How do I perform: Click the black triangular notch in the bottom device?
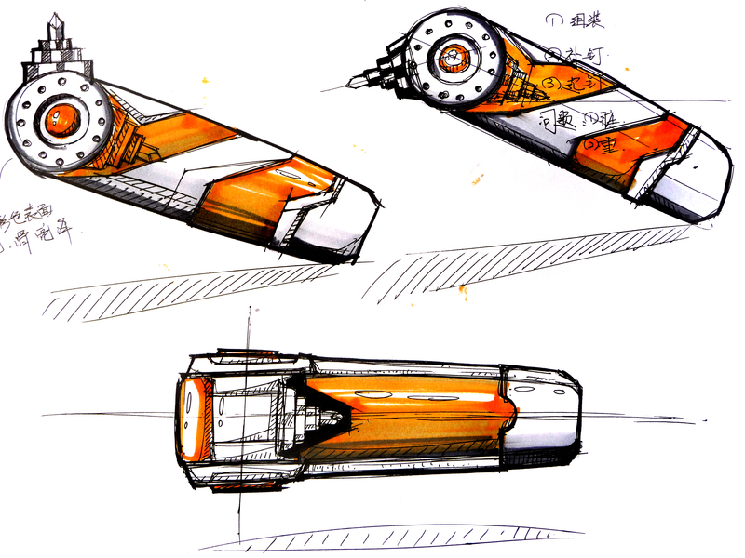(312, 409)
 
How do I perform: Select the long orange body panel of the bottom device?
(410, 409)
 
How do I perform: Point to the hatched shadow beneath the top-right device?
(521, 260)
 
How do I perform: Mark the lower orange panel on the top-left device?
(261, 200)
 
